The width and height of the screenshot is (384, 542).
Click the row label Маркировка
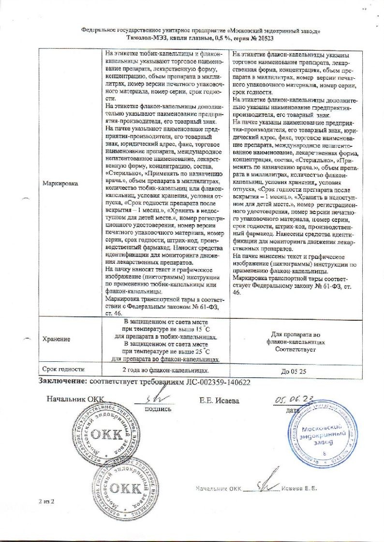(x=60, y=184)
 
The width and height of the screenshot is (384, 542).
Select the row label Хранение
(x=56, y=339)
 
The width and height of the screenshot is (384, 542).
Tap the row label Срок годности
(x=63, y=369)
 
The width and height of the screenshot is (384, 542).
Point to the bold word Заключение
(x=61, y=382)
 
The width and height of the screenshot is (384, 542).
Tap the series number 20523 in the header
(x=262, y=37)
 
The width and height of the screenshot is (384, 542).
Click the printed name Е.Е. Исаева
(x=219, y=400)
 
